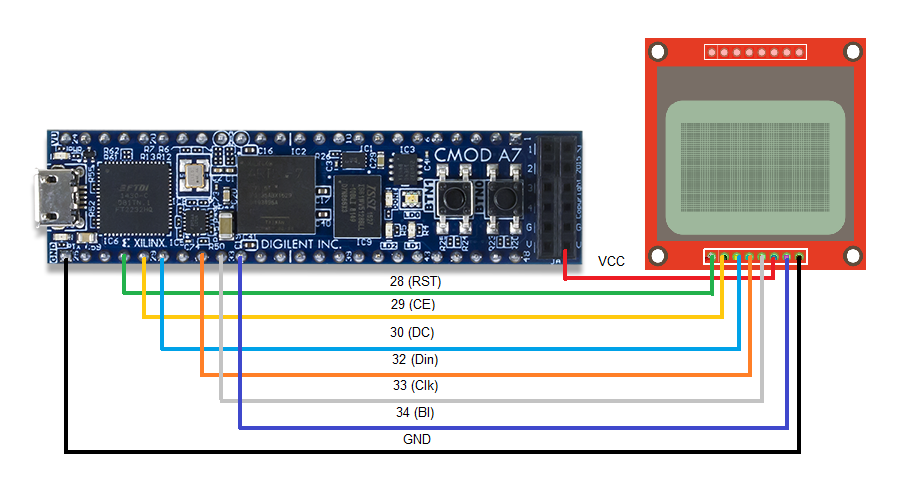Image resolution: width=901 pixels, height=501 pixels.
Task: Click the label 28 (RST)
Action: click(x=416, y=282)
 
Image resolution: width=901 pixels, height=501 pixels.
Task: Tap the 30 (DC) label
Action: click(x=412, y=332)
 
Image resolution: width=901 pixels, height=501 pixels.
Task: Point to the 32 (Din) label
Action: click(x=414, y=359)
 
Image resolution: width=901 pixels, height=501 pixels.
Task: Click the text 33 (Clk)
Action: click(x=415, y=385)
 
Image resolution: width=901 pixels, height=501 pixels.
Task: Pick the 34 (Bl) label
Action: click(x=413, y=411)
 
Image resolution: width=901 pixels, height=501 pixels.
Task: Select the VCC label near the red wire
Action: click(x=612, y=261)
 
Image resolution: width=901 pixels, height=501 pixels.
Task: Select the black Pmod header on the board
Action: click(x=557, y=197)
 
